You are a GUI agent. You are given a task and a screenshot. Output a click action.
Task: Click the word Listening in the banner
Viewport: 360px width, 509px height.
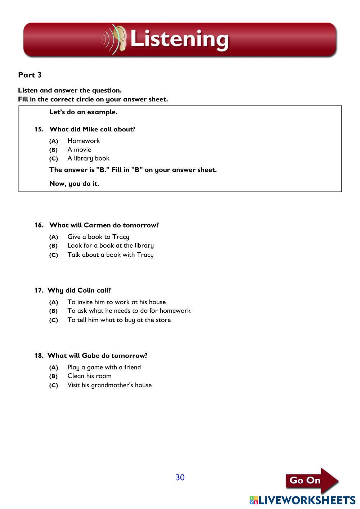[179, 39]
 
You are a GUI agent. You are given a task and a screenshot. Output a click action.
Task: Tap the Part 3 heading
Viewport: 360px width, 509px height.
[30, 75]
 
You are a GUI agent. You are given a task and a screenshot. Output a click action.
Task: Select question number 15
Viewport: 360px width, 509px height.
[39, 129]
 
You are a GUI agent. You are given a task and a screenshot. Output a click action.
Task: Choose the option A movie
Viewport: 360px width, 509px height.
[79, 149]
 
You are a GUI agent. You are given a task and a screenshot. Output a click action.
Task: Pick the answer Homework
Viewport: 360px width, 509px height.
[84, 141]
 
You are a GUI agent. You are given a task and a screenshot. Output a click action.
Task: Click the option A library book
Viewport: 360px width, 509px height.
[88, 158]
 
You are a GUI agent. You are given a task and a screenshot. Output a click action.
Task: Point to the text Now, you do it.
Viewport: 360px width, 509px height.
[74, 184]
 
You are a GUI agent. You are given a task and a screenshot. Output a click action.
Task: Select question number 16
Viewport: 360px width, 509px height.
[39, 225]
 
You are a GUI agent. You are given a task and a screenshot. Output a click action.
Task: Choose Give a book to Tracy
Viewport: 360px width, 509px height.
[98, 237]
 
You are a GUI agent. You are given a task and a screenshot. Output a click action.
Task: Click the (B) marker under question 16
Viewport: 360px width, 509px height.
[54, 246]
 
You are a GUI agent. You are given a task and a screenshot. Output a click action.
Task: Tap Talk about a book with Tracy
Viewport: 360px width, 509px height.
[111, 255]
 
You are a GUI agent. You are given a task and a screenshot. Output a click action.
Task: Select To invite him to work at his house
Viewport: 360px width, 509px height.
[117, 302]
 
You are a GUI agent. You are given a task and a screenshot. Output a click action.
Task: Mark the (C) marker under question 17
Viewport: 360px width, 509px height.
[54, 320]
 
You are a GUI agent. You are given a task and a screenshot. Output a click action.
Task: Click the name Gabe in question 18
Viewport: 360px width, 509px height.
[90, 356]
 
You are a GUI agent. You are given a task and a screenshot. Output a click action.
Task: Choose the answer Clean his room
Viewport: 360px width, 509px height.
[89, 376]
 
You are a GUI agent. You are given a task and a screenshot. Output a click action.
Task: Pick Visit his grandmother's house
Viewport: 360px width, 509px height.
[109, 385]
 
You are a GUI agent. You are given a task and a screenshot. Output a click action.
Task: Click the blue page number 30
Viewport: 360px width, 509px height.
[180, 477]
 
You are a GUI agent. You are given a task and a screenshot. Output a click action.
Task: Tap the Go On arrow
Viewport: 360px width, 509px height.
[312, 480]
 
